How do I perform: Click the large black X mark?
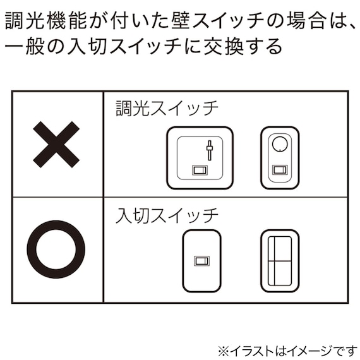pos(56,144)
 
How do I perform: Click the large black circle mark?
pos(56,249)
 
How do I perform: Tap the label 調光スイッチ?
pos(167,107)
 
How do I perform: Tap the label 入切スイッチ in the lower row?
pos(167,215)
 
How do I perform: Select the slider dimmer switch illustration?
pos(200,158)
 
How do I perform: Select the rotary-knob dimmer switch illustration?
pos(279,158)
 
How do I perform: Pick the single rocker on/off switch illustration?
pos(201,260)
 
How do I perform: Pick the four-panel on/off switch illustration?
pos(279,260)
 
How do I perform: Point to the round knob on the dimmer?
pos(279,143)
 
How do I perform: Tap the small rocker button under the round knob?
pos(279,169)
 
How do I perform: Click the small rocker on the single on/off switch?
pos(201,260)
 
